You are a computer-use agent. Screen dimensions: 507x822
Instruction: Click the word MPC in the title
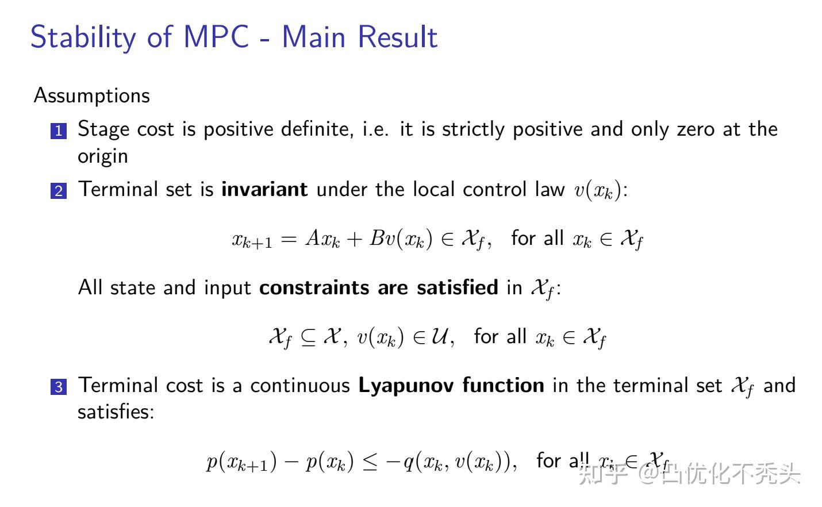[216, 37]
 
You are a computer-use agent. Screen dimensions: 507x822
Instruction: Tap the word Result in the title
[398, 37]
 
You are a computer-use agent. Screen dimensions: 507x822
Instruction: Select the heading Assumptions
[92, 95]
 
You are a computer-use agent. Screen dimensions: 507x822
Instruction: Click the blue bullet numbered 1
[59, 131]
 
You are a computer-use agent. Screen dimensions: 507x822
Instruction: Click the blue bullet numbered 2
[59, 191]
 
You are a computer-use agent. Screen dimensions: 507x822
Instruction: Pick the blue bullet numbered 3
[59, 387]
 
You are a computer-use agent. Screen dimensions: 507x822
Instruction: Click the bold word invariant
[264, 189]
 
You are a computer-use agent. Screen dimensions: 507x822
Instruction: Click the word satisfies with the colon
[116, 412]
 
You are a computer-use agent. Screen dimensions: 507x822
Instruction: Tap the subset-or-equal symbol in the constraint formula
[308, 337]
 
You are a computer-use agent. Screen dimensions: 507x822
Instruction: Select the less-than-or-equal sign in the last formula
[370, 462]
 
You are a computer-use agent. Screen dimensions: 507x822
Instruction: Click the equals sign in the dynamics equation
[289, 239]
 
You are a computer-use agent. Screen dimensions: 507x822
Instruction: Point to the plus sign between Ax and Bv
[354, 239]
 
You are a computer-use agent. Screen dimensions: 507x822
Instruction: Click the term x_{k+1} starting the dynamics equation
[252, 240]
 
